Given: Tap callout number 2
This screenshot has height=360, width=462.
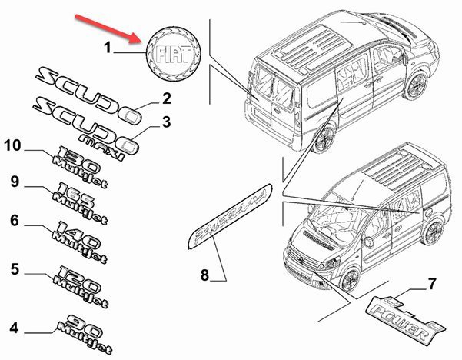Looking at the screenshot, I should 165,98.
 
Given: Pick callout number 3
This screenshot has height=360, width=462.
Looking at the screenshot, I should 165,122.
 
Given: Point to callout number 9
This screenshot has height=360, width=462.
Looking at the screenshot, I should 14,182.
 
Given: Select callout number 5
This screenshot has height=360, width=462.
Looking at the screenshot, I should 14,268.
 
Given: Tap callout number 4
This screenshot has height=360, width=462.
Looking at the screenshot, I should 14,328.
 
